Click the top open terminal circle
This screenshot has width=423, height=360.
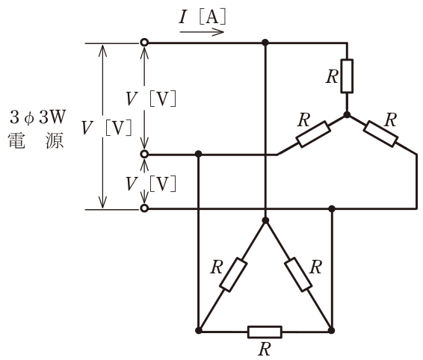point(144,43)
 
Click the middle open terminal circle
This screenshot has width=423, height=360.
point(144,155)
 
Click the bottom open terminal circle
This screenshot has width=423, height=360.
point(144,208)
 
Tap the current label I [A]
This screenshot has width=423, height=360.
point(202,17)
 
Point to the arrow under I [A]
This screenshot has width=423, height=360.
point(202,32)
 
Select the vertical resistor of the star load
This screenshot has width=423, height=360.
point(347,76)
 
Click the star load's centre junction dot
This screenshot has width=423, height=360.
point(347,115)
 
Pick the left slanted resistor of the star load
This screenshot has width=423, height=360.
point(313,134)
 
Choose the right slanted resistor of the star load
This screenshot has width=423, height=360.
point(380,134)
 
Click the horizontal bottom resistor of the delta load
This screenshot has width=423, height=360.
point(265,332)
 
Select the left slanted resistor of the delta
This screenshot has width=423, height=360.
point(233,275)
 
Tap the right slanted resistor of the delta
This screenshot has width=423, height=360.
point(298,275)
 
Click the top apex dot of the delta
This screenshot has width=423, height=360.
point(265,220)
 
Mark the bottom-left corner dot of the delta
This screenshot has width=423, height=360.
point(199,331)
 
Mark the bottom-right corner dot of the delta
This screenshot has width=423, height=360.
point(332,331)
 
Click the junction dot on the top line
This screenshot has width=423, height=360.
point(265,43)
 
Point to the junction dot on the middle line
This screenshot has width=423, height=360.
point(199,155)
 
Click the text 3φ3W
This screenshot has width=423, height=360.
point(38,117)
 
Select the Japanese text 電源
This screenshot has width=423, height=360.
point(36,140)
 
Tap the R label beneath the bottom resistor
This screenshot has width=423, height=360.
point(265,350)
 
